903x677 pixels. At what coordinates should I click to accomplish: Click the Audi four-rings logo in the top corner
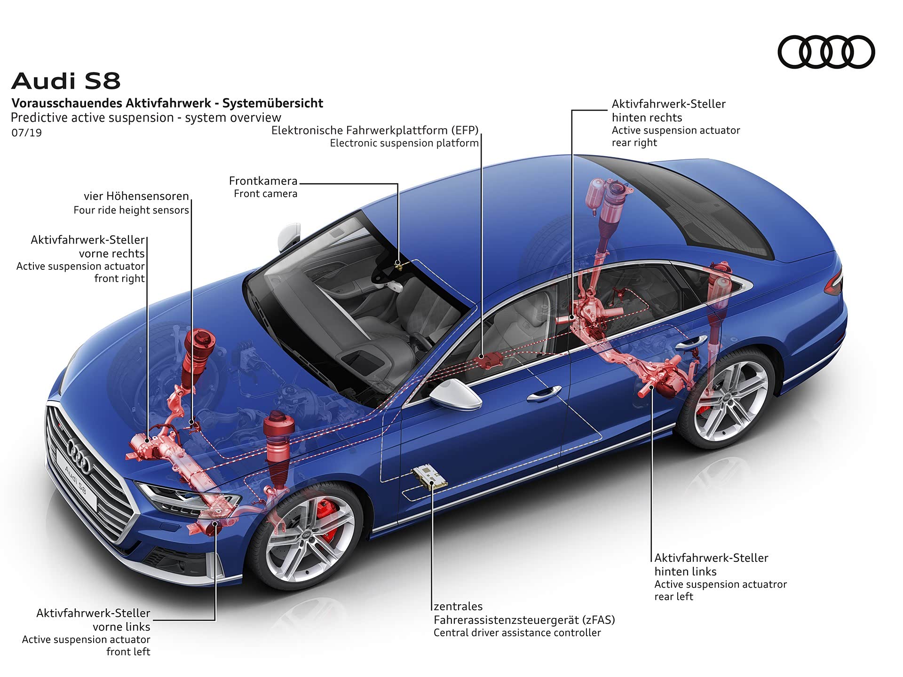click(826, 52)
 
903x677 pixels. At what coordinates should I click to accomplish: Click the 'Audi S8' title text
click(66, 81)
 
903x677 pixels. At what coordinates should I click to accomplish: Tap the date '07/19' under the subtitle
click(27, 133)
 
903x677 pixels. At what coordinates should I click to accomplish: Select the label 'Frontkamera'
click(263, 181)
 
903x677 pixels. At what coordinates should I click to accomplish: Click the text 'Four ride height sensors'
click(131, 210)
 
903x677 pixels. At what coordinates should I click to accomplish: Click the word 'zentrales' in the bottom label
click(458, 606)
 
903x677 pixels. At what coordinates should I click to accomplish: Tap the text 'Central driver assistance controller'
click(517, 633)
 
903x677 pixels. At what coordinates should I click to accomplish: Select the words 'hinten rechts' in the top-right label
click(647, 118)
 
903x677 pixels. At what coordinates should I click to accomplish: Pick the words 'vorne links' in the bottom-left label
click(121, 627)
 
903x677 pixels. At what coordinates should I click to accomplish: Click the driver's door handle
click(544, 394)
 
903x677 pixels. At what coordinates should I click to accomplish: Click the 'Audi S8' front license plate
click(76, 480)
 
